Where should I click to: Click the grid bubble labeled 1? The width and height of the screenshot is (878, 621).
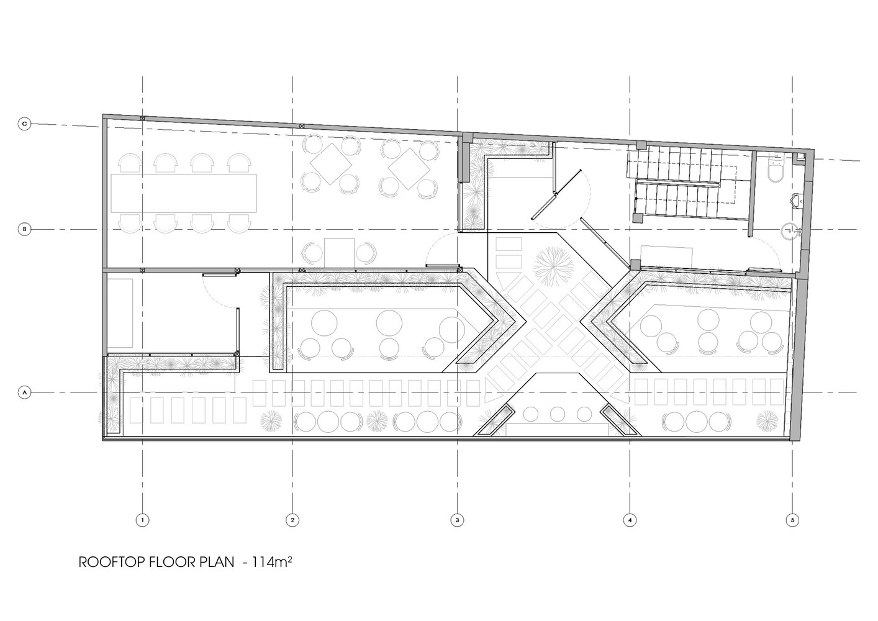[x=142, y=520]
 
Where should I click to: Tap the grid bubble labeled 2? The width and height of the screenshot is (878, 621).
[x=292, y=520]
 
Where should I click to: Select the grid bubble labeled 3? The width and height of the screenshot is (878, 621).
[x=457, y=520]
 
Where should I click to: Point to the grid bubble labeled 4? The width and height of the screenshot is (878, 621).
[x=630, y=520]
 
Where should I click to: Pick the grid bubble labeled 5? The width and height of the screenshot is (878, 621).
[x=792, y=520]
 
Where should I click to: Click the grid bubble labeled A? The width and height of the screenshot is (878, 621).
[x=24, y=392]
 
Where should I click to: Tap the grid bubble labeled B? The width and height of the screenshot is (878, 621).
[x=24, y=229]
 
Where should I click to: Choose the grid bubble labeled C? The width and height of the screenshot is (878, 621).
[x=24, y=124]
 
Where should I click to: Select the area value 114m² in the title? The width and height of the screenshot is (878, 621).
[x=271, y=562]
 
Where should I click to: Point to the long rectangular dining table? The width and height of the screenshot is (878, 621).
[x=183, y=193]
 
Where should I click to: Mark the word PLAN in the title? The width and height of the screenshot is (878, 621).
[x=217, y=562]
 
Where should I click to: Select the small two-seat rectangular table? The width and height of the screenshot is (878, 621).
[x=340, y=253]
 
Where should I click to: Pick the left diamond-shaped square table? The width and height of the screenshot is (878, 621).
[x=331, y=164]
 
